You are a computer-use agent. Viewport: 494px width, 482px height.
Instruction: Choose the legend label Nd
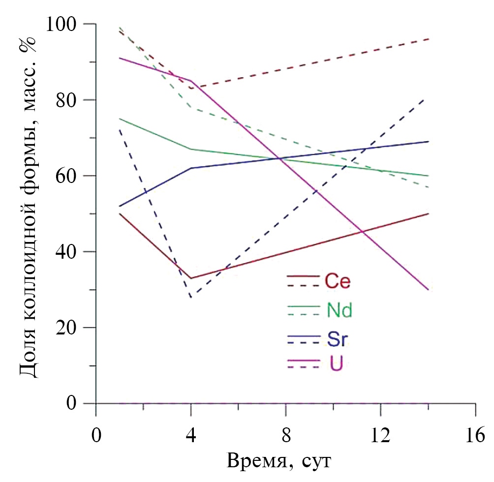coord(340,310)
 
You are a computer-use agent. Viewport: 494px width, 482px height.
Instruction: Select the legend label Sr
coord(337,339)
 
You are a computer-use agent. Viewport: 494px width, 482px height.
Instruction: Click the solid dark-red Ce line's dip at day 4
coord(191,278)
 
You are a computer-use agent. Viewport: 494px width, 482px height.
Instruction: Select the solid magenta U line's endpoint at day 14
coord(428,290)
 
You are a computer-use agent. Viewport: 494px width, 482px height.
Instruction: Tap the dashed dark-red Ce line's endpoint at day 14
coord(428,39)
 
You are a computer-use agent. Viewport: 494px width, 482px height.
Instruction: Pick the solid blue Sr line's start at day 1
coord(120,206)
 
